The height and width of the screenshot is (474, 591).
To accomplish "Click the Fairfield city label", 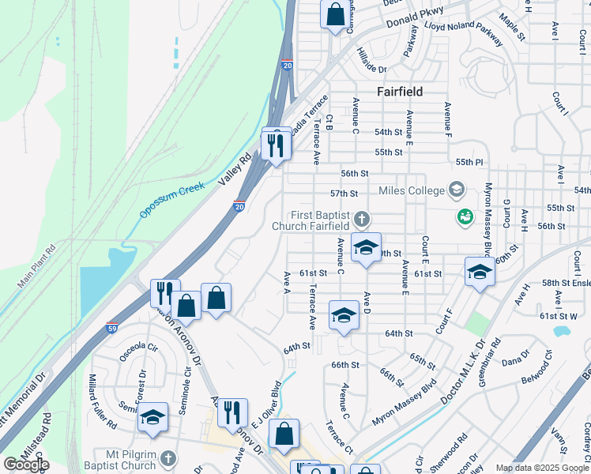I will (399, 92).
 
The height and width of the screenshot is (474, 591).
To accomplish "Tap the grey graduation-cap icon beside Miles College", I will (456, 190).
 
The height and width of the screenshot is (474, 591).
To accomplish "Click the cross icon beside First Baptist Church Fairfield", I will (361, 218).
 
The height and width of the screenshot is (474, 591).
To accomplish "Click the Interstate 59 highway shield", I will (111, 327).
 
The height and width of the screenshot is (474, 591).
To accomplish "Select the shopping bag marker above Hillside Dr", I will (335, 14).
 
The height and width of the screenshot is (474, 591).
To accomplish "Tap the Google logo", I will (26, 464).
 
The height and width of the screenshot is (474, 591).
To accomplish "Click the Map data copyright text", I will (542, 468).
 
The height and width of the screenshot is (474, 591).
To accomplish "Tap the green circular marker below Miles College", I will (465, 215).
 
